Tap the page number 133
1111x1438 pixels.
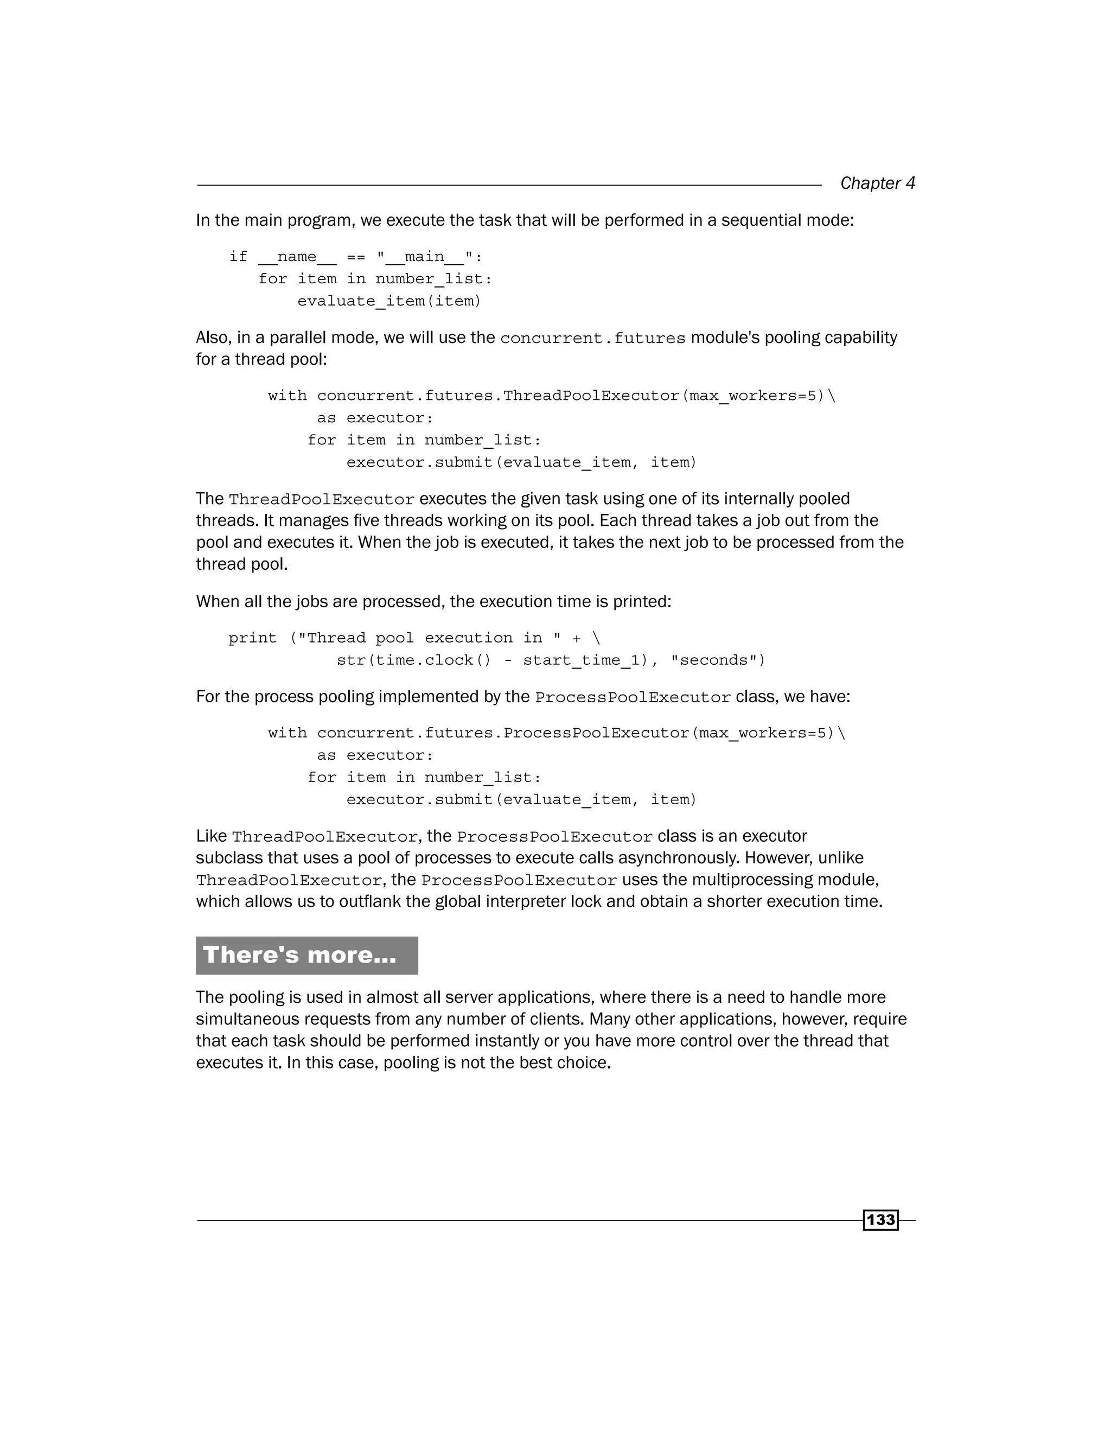pos(880,1220)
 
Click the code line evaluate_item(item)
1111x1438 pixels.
pos(389,302)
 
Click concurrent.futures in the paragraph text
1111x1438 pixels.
pos(592,339)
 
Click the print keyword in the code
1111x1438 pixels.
pos(253,638)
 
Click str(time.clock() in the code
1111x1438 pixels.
pos(414,660)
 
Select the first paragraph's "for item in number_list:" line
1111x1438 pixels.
pos(375,279)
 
